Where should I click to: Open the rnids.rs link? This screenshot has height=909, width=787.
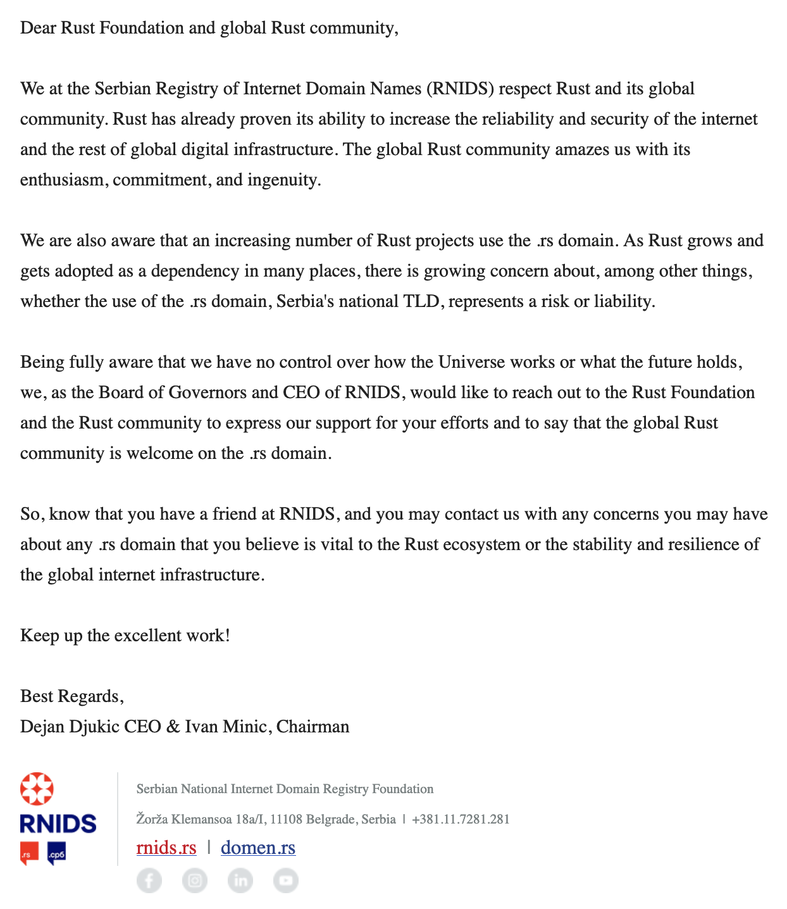pyautogui.click(x=166, y=848)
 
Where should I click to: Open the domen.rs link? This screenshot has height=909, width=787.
pyautogui.click(x=258, y=848)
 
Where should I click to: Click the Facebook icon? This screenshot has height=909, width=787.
pyautogui.click(x=149, y=880)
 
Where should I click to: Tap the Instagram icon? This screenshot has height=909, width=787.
pyautogui.click(x=195, y=880)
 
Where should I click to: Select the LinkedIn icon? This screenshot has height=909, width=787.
pyautogui.click(x=240, y=880)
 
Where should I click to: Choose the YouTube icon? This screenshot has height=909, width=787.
pyautogui.click(x=286, y=880)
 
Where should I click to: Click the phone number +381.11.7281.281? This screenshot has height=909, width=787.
pyautogui.click(x=461, y=819)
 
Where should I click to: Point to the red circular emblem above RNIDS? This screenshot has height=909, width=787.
pyautogui.click(x=37, y=789)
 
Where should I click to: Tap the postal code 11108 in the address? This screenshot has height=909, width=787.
pyautogui.click(x=286, y=819)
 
